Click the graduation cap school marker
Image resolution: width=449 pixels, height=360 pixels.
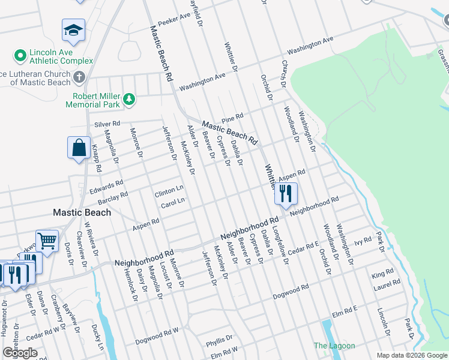point(73,31)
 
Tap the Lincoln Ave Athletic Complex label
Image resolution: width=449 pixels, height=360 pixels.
point(53,56)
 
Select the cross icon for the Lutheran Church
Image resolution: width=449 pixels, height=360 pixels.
point(79,77)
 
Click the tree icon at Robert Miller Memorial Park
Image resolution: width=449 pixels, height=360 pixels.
point(128,98)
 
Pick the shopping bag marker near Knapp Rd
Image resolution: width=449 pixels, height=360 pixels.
point(79,148)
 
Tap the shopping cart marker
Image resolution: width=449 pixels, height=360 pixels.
point(47,241)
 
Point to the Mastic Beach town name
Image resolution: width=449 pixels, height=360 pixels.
point(82,212)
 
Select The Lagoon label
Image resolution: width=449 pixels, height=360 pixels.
point(334,346)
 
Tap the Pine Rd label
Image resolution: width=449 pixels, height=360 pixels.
point(232,117)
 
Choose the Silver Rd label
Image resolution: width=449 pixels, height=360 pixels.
point(107,124)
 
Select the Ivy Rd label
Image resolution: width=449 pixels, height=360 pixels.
point(364,242)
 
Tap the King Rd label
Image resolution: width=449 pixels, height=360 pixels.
point(382,274)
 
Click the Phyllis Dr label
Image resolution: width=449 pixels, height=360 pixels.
point(219,343)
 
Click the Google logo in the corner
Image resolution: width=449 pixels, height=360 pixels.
point(20,353)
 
